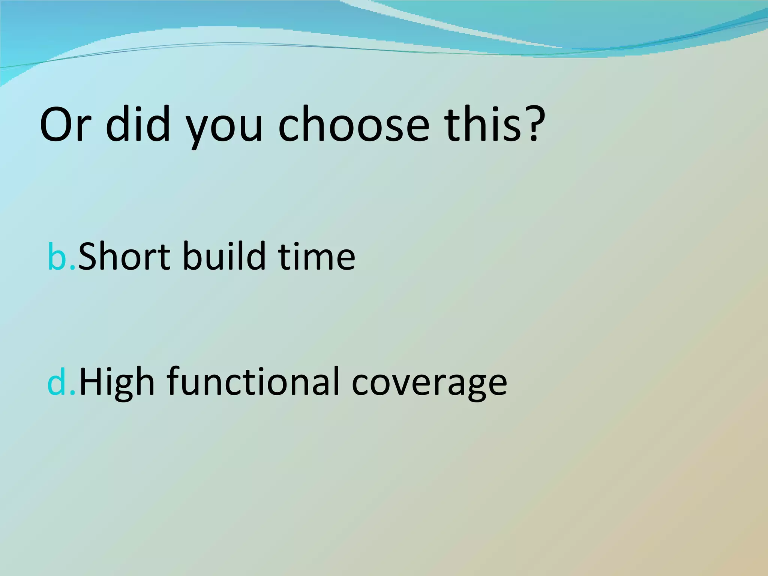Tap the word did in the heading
click(x=138, y=124)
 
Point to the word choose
click(x=353, y=125)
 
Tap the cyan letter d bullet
click(x=57, y=382)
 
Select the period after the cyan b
click(x=73, y=267)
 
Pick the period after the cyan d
click(x=73, y=392)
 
